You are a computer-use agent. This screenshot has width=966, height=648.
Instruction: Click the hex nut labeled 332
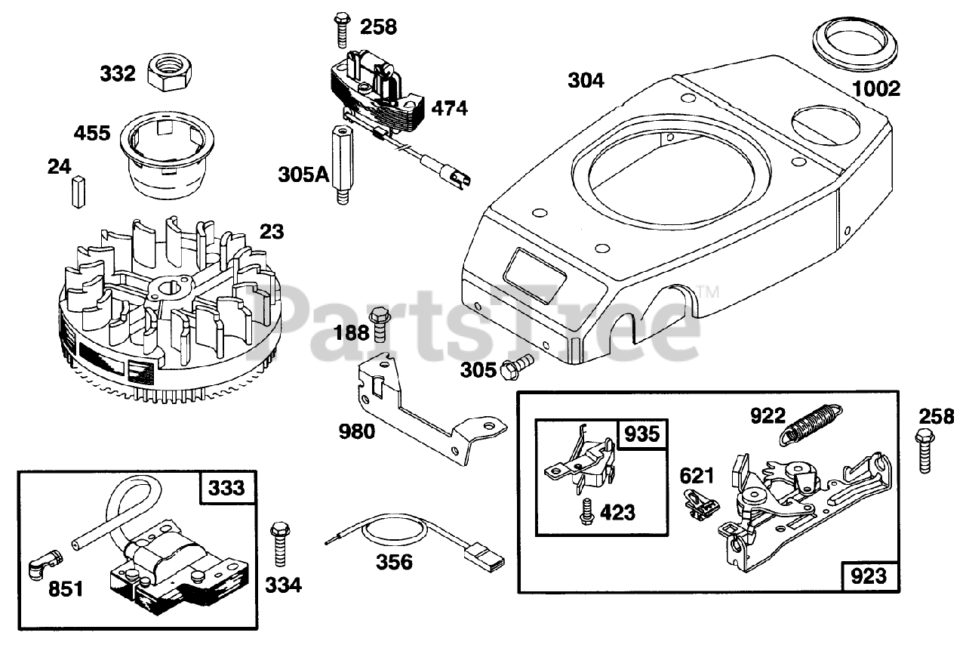point(171,73)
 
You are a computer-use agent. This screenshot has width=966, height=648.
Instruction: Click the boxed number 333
point(228,488)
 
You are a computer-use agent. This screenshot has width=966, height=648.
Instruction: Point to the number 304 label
point(586,79)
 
